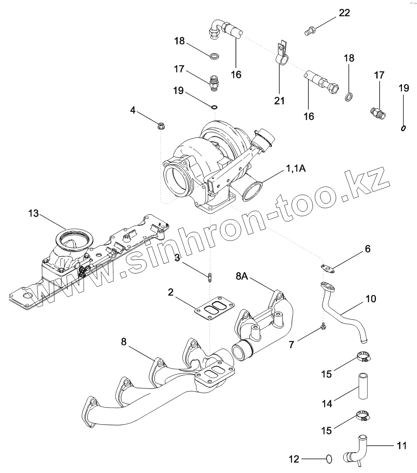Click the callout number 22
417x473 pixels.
(344, 13)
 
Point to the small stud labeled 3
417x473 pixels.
(209, 278)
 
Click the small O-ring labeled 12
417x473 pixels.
(329, 459)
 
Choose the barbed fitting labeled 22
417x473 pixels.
(310, 30)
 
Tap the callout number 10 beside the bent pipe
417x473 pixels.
(370, 299)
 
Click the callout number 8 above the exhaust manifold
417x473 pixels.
(124, 342)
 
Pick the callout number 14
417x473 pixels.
(327, 404)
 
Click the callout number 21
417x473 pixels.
(279, 100)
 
